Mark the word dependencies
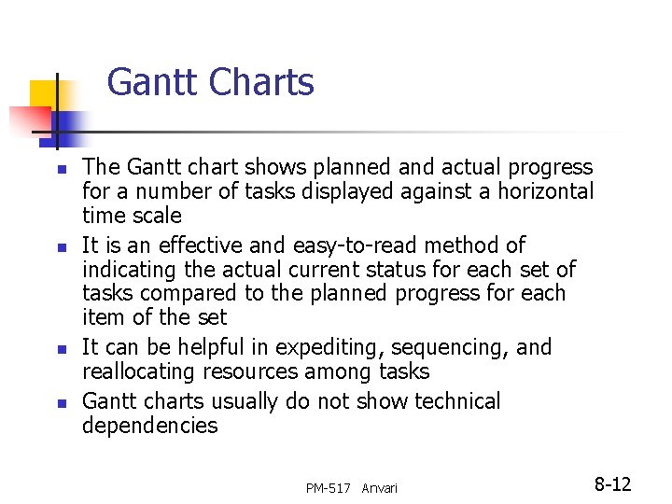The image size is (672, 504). [149, 426]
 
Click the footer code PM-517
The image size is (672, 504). [329, 488]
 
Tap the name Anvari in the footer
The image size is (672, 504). [379, 488]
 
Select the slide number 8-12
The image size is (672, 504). [612, 484]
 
